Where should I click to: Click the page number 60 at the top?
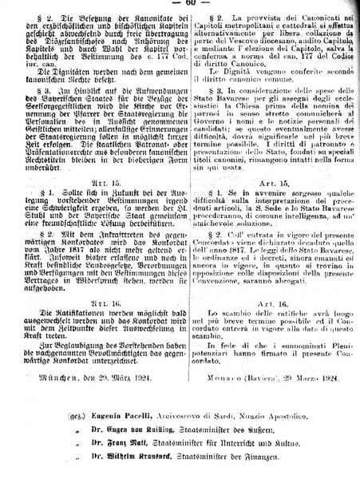click(x=179, y=3)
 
